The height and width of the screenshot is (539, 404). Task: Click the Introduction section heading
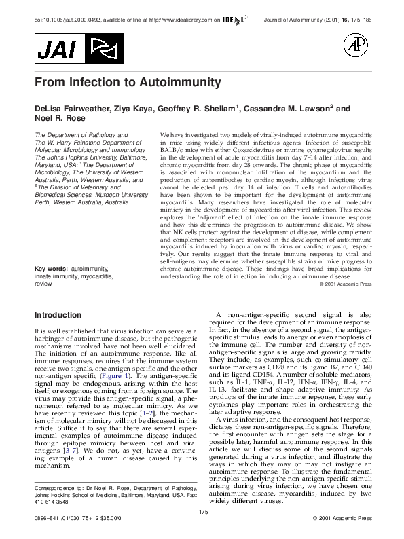click(x=58, y=315)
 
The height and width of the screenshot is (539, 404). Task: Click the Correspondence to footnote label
click(x=59, y=488)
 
